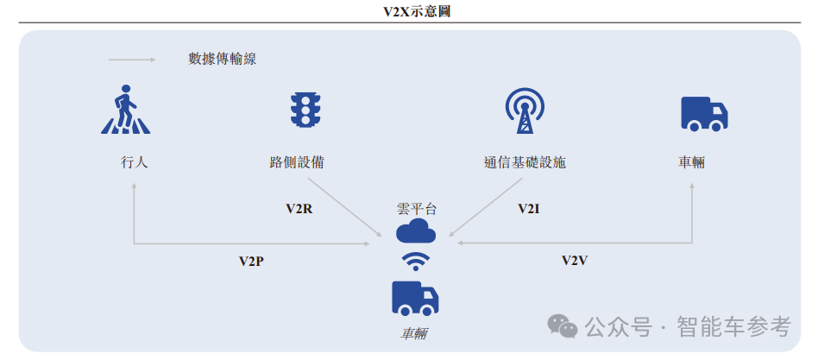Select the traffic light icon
[305, 111]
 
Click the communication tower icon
[524, 111]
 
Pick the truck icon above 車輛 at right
[704, 113]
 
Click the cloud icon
[416, 231]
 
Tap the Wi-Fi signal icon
[416, 262]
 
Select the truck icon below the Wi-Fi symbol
[415, 298]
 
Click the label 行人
[135, 161]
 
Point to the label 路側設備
[296, 161]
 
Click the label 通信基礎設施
[525, 161]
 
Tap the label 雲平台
[416, 209]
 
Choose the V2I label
[529, 209]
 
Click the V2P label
[251, 261]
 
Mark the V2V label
[575, 261]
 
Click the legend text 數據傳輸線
[223, 60]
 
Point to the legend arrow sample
[131, 60]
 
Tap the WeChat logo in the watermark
[564, 326]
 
